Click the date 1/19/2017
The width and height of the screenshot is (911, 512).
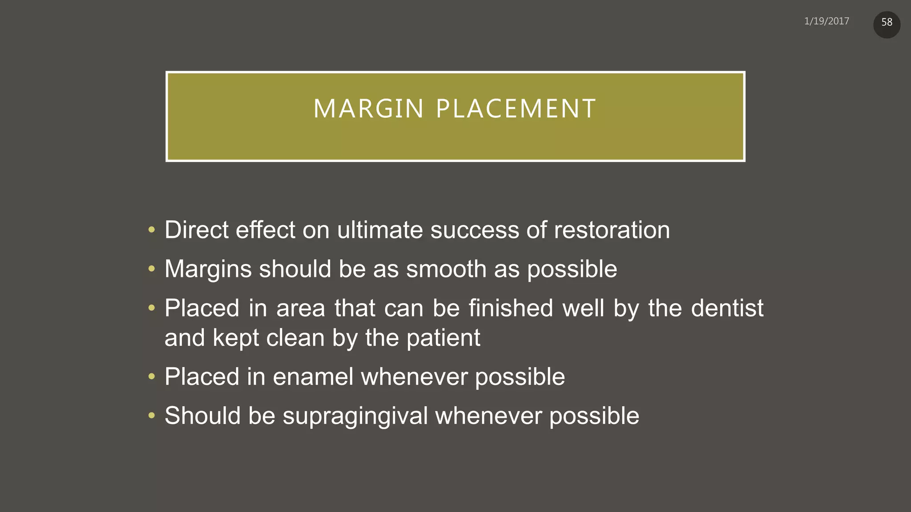click(x=826, y=21)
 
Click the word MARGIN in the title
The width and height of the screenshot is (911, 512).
click(x=369, y=109)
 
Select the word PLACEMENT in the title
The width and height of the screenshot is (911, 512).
click(x=516, y=109)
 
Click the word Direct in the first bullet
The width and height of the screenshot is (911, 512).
click(x=196, y=230)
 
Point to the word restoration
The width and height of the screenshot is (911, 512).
click(x=612, y=230)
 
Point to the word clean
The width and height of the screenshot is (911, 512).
click(x=295, y=338)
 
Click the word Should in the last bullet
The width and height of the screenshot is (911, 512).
click(x=202, y=416)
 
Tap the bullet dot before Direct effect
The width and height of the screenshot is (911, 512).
click(x=152, y=230)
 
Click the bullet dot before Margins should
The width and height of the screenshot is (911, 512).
click(x=152, y=269)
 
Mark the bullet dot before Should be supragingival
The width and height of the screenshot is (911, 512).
click(x=152, y=416)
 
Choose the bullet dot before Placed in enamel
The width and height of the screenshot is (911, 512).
click(x=152, y=377)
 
